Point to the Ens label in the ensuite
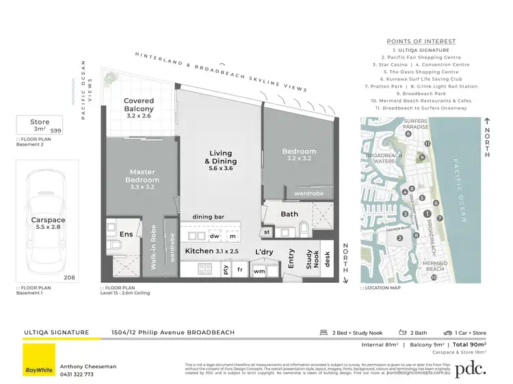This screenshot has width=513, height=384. click(x=127, y=234)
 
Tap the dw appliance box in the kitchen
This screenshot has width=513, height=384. click(x=214, y=236)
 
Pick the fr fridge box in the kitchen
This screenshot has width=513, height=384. click(x=240, y=271)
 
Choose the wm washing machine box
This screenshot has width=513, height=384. click(x=259, y=271)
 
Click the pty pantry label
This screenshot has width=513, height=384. click(x=226, y=271)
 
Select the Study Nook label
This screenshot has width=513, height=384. click(x=313, y=258)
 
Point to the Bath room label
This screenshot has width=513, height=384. click(x=289, y=214)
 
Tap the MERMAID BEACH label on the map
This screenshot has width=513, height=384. click(x=435, y=266)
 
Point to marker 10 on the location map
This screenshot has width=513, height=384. click(x=434, y=277)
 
